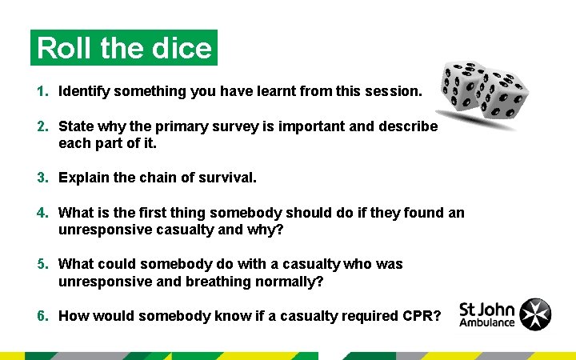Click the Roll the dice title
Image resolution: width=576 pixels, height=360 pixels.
(x=124, y=48)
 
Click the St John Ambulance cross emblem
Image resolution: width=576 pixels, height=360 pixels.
(x=535, y=314)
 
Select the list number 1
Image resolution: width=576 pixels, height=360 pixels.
(x=42, y=92)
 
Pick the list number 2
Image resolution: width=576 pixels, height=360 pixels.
(x=42, y=126)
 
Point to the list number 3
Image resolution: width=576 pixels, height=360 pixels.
(x=42, y=178)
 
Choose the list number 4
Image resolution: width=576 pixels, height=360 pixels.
(x=42, y=213)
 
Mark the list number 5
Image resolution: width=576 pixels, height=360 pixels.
(x=42, y=264)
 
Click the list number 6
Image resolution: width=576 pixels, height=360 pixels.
(x=42, y=315)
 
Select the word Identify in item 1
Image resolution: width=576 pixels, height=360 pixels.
(x=84, y=92)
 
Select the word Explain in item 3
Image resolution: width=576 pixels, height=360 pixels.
(x=84, y=178)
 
